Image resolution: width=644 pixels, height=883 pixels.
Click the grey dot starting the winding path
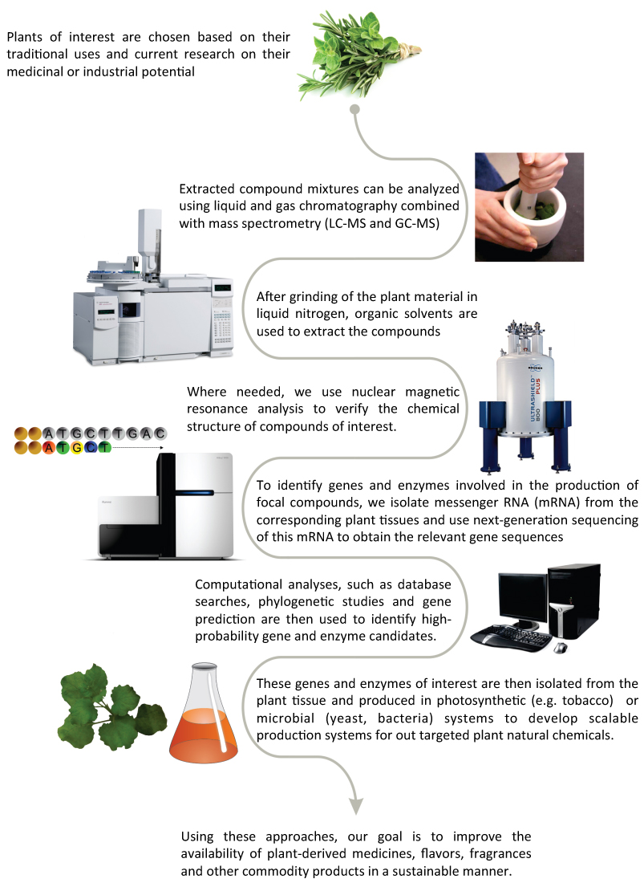pyautogui.click(x=355, y=109)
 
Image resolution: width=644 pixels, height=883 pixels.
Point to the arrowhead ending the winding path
pyautogui.click(x=355, y=806)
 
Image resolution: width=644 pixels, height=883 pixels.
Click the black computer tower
pyautogui.click(x=573, y=601)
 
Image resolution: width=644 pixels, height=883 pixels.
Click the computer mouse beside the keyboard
pyautogui.click(x=561, y=648)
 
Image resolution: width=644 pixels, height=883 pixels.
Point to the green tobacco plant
pyautogui.click(x=111, y=707)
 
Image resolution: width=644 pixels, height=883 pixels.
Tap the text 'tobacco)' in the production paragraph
pyautogui.click(x=586, y=701)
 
